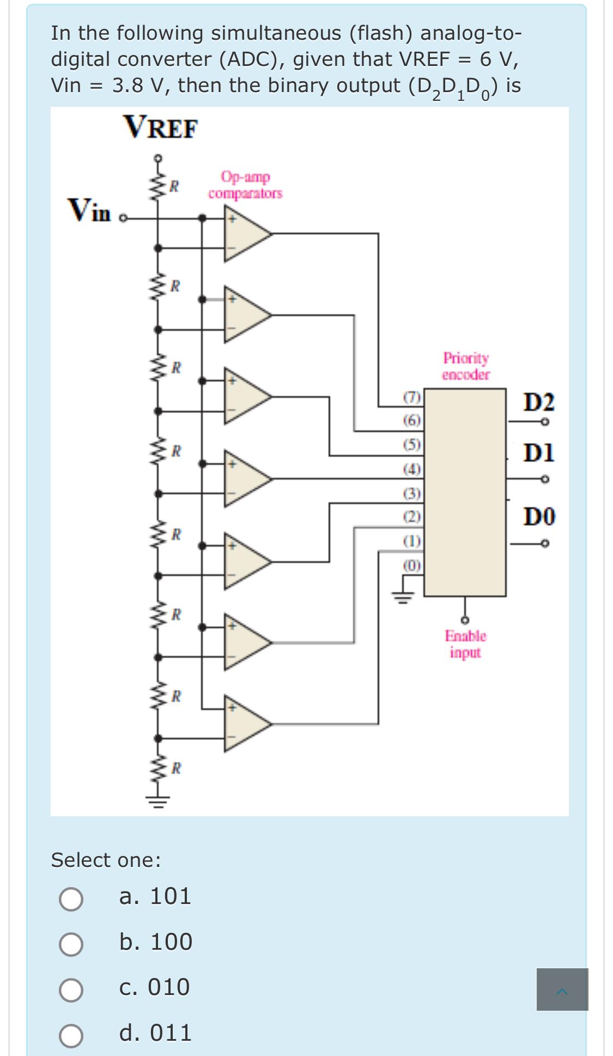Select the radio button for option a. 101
[71, 899]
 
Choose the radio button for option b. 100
[71, 944]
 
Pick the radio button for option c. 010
[71, 990]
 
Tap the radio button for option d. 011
[71, 1035]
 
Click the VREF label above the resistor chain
[161, 128]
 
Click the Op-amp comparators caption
[245, 185]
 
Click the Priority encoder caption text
[466, 366]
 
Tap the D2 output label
[539, 403]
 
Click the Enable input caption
[465, 644]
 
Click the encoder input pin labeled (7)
[411, 397]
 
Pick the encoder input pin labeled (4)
[412, 469]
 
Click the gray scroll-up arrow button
[562, 990]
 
